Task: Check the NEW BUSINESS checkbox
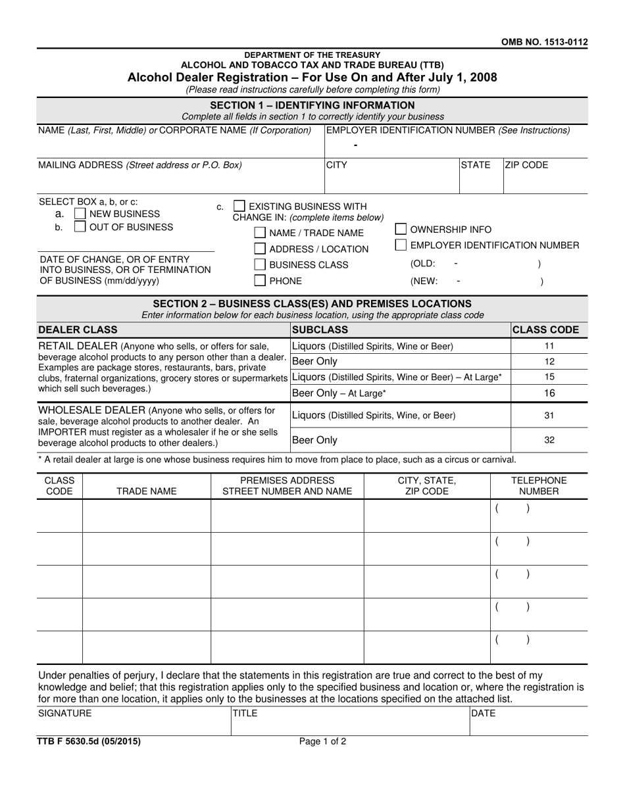tap(80, 214)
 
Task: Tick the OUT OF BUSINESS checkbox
tap(80, 228)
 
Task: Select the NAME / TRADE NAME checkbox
tap(260, 233)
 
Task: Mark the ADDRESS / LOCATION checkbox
tap(260, 249)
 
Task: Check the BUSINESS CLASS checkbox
tap(260, 265)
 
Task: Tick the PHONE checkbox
tap(260, 282)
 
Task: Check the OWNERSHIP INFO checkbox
tap(401, 230)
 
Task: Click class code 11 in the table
tap(550, 346)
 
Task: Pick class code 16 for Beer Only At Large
tap(550, 393)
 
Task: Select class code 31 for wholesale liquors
tap(550, 416)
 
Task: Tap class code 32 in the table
tap(550, 440)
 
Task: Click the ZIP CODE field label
tap(526, 166)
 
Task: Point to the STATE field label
tap(476, 166)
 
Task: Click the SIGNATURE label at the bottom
tap(65, 713)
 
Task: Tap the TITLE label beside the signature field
tap(245, 713)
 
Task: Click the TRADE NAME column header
tap(146, 491)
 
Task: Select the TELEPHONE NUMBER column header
tap(539, 486)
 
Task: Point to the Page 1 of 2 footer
tap(322, 741)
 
